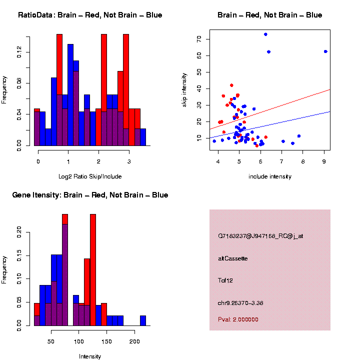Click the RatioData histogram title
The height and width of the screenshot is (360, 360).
(x=90, y=15)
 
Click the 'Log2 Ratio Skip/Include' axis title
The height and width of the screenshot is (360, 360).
(x=90, y=176)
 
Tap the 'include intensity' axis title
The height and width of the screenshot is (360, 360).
(x=270, y=176)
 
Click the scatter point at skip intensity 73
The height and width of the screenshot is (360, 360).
(x=265, y=34)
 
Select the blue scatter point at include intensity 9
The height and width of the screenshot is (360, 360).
(x=325, y=51)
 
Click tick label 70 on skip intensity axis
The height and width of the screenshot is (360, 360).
(x=199, y=39)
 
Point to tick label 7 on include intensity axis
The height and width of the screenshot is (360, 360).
(x=282, y=162)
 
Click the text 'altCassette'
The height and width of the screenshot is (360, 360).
(x=233, y=258)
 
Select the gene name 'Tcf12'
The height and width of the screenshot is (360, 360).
(x=225, y=280)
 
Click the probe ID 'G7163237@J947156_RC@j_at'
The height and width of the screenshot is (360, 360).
(x=260, y=236)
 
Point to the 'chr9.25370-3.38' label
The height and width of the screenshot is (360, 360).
(x=243, y=302)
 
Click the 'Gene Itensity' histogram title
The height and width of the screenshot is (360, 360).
(x=90, y=195)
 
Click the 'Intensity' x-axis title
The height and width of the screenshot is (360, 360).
(x=90, y=356)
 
